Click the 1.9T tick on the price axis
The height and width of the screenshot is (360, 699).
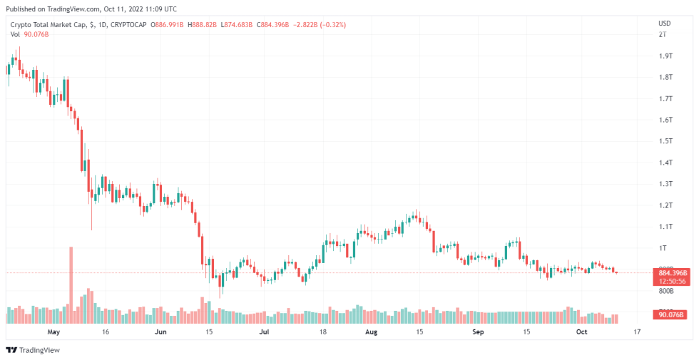click(x=665, y=56)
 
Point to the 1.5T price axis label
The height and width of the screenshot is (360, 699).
click(x=665, y=141)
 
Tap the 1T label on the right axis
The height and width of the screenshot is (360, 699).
click(x=663, y=248)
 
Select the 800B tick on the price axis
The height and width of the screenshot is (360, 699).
click(x=665, y=291)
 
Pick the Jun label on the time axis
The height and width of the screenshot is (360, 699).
click(x=160, y=332)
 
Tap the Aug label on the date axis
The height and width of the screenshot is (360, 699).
click(x=371, y=332)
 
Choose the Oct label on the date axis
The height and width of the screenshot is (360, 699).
click(x=581, y=332)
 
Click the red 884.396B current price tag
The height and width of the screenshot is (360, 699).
click(x=671, y=272)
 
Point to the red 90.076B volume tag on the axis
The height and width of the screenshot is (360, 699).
click(x=671, y=314)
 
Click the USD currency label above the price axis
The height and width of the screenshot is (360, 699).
click(x=664, y=24)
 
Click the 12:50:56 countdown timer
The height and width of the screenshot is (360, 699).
click(x=671, y=281)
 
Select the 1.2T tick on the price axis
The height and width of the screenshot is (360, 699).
click(x=665, y=205)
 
